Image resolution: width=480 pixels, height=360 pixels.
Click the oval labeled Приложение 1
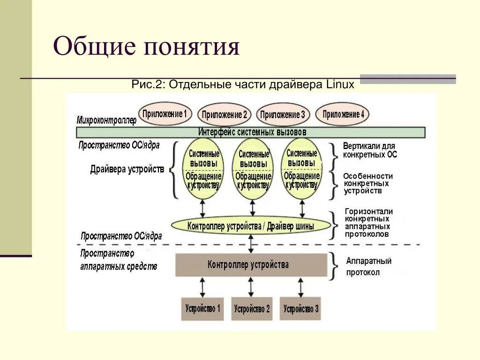(165, 113)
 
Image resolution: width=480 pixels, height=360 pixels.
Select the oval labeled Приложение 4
(343, 114)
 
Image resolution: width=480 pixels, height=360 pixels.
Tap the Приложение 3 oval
(283, 114)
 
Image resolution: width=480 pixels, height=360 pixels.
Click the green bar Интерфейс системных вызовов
(251, 132)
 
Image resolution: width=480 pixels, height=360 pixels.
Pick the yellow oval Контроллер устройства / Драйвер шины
(251, 226)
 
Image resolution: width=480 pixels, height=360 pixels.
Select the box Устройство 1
(202, 308)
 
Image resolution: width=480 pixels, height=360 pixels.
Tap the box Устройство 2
(252, 308)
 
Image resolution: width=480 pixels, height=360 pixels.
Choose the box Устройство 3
(300, 308)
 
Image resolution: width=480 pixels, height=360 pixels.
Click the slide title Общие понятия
(146, 47)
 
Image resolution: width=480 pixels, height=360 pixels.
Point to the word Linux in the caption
(339, 85)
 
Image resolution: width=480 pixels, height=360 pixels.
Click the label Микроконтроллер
(106, 120)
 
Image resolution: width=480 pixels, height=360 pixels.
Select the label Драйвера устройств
(127, 169)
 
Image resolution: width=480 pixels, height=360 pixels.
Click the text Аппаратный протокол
(369, 267)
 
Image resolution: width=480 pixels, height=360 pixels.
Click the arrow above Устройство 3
(300, 287)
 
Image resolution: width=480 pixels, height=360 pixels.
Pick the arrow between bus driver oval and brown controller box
(251, 244)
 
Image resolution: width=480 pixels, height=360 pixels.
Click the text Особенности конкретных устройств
(367, 183)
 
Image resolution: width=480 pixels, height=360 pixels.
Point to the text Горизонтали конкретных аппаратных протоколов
(368, 223)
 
